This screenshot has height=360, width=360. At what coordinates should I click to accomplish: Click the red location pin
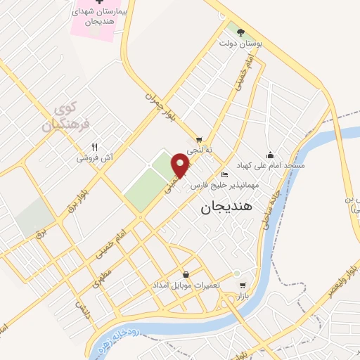click(x=181, y=164)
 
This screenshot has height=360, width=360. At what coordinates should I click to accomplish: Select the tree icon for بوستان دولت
click(x=241, y=32)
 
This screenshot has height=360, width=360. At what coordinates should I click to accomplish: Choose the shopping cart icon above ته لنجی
click(x=200, y=139)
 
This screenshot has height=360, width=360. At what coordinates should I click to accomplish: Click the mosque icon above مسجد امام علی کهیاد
click(x=270, y=155)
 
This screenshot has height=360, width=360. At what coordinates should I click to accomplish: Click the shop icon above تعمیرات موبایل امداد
click(x=185, y=274)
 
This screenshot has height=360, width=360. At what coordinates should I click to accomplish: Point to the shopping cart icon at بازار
click(x=243, y=285)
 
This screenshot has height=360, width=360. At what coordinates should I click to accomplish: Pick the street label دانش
click(x=84, y=310)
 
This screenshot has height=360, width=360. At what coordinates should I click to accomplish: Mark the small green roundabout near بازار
click(x=237, y=273)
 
